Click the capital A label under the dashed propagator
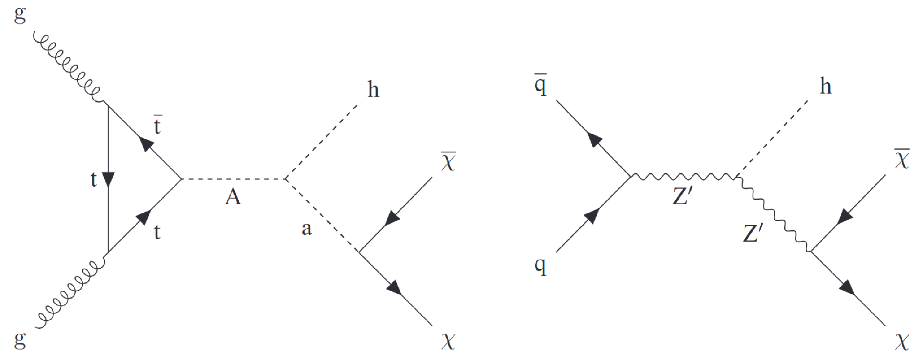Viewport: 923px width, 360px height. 233,197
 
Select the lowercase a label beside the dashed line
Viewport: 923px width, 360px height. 307,229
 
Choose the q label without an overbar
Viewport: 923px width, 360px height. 540,266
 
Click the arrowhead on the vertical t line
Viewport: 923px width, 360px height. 108,179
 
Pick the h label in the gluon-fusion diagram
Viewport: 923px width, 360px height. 373,89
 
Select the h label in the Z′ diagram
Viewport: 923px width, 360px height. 825,86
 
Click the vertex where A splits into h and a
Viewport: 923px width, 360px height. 286,179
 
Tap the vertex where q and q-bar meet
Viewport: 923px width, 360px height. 631,176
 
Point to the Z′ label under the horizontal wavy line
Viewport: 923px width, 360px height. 682,196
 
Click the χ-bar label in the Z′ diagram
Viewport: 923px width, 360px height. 901,159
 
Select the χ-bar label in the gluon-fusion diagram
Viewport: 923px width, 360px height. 448,161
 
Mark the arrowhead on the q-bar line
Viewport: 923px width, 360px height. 595,140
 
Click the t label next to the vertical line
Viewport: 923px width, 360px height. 94,179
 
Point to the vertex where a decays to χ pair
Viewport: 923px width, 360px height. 359,251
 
